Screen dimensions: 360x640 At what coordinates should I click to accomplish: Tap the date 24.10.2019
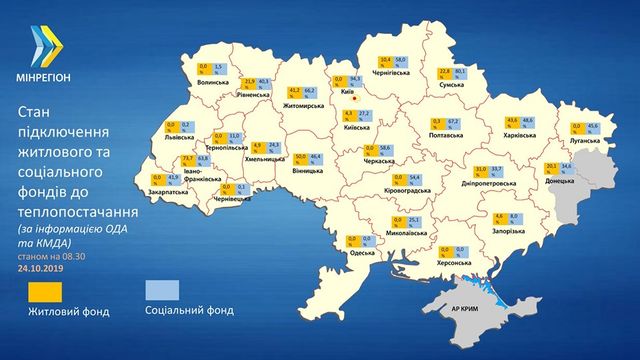point(40,269)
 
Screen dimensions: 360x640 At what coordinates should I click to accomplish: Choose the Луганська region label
point(584,142)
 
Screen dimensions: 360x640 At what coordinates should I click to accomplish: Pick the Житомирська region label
point(302,103)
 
